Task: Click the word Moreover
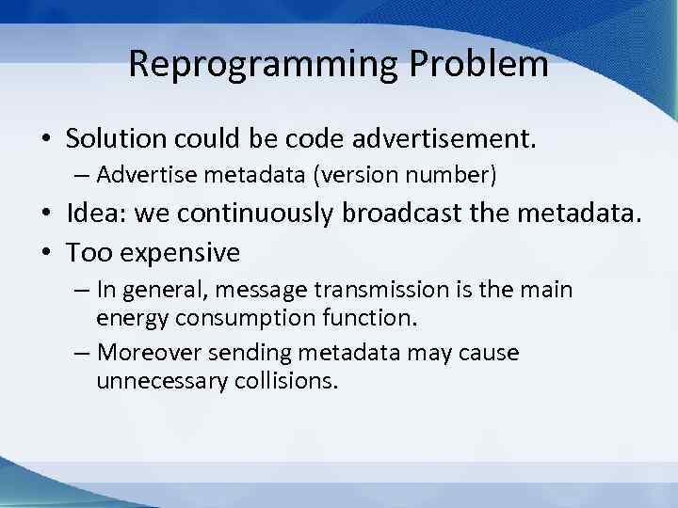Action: [149, 354]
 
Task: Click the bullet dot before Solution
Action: [46, 140]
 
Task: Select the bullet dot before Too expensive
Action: [46, 253]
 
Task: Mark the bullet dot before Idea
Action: [46, 214]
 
